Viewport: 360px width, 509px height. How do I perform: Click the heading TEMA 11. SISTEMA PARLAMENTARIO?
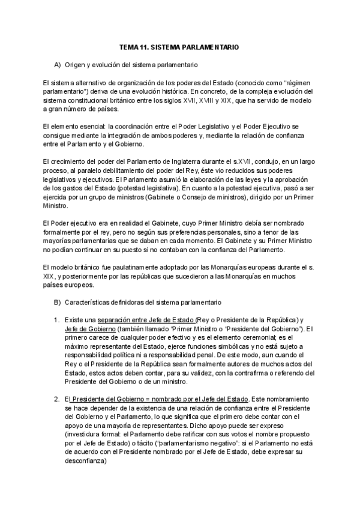tap(179, 46)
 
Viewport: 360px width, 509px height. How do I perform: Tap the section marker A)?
tap(58, 64)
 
